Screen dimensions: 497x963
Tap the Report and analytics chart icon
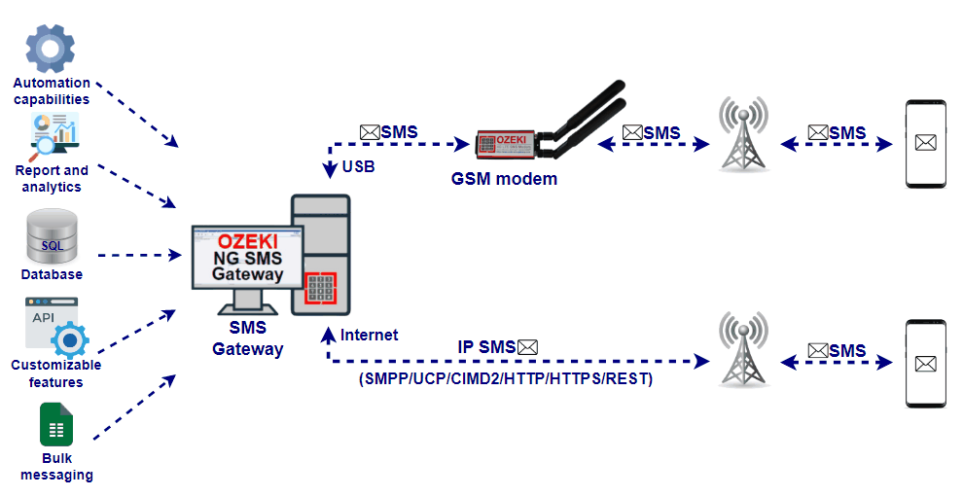coord(53,136)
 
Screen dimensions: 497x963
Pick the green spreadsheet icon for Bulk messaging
coord(55,424)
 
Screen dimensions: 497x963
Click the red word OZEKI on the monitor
coord(248,241)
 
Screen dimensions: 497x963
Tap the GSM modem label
coord(504,178)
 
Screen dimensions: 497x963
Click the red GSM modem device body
coord(506,144)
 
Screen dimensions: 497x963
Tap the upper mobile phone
coord(925,143)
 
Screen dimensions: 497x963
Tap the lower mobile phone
coord(925,363)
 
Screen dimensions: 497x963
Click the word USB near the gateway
coord(359,167)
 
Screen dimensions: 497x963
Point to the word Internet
coord(369,335)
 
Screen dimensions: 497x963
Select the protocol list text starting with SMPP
coord(506,378)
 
